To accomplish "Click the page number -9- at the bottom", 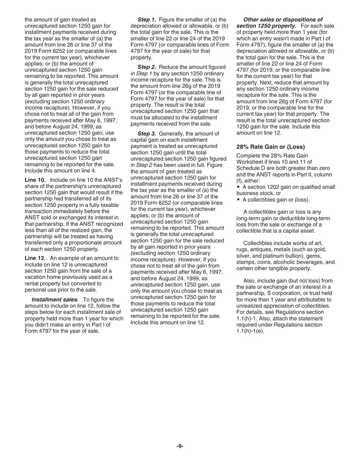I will pyautogui.click(x=180, y=446).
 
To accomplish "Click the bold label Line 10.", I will pyautogui.click(x=35, y=180).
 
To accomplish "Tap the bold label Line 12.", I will pyautogui.click(x=35, y=258).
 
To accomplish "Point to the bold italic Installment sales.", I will pyautogui.click(x=55, y=299).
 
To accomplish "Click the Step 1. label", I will pyautogui.click(x=147, y=19).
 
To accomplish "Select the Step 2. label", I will pyautogui.click(x=147, y=67).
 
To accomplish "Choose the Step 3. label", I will pyautogui.click(x=147, y=133).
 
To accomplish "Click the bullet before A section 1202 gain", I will pyautogui.click(x=238, y=187).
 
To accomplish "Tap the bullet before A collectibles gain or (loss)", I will pyautogui.click(x=238, y=200).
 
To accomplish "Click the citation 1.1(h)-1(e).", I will pyautogui.click(x=250, y=331).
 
